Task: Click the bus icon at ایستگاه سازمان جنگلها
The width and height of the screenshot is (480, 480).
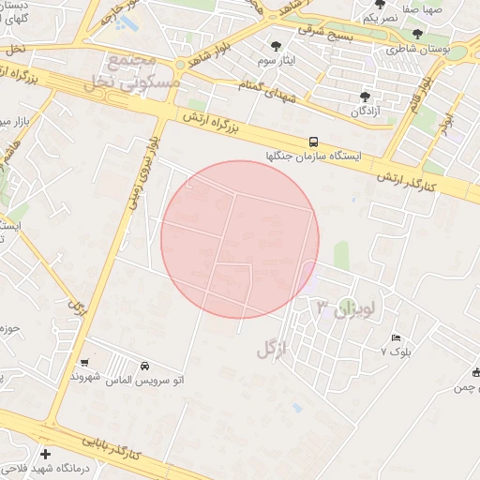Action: pos(313,142)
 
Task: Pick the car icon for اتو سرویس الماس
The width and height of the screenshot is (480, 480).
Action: pos(145,366)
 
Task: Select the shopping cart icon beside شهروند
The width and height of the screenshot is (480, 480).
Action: pos(85,363)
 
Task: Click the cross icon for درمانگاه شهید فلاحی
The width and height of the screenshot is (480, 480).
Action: pos(45,455)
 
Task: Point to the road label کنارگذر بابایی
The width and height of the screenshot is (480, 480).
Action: pos(110,446)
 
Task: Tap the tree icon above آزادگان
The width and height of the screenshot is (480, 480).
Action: pos(364,96)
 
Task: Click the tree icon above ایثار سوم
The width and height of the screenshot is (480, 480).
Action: pos(276,46)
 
